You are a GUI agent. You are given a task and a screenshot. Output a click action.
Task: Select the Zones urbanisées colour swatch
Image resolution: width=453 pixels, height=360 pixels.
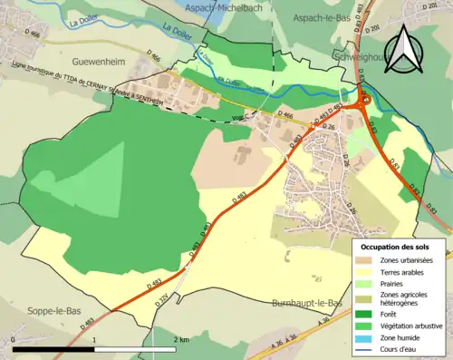click(369, 259)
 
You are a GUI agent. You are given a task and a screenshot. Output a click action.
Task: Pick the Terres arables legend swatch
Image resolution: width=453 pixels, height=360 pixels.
click(369, 271)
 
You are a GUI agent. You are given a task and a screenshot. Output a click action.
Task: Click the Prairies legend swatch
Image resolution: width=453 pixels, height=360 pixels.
click(369, 283)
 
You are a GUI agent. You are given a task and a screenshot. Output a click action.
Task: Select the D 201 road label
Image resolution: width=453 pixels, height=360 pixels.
click(372, 31)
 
